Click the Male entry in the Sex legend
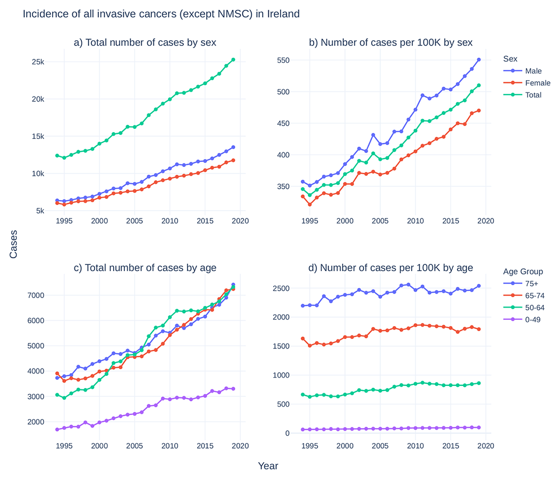click(x=533, y=71)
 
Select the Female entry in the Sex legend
click(x=537, y=83)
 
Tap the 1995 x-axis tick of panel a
click(x=64, y=221)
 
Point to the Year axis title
click(x=268, y=466)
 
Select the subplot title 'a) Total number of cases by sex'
click(x=145, y=43)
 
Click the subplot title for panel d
click(x=390, y=267)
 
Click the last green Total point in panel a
click(x=233, y=59)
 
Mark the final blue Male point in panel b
click(x=479, y=59)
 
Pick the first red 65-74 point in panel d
click(x=303, y=338)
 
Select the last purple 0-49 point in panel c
click(x=233, y=389)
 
